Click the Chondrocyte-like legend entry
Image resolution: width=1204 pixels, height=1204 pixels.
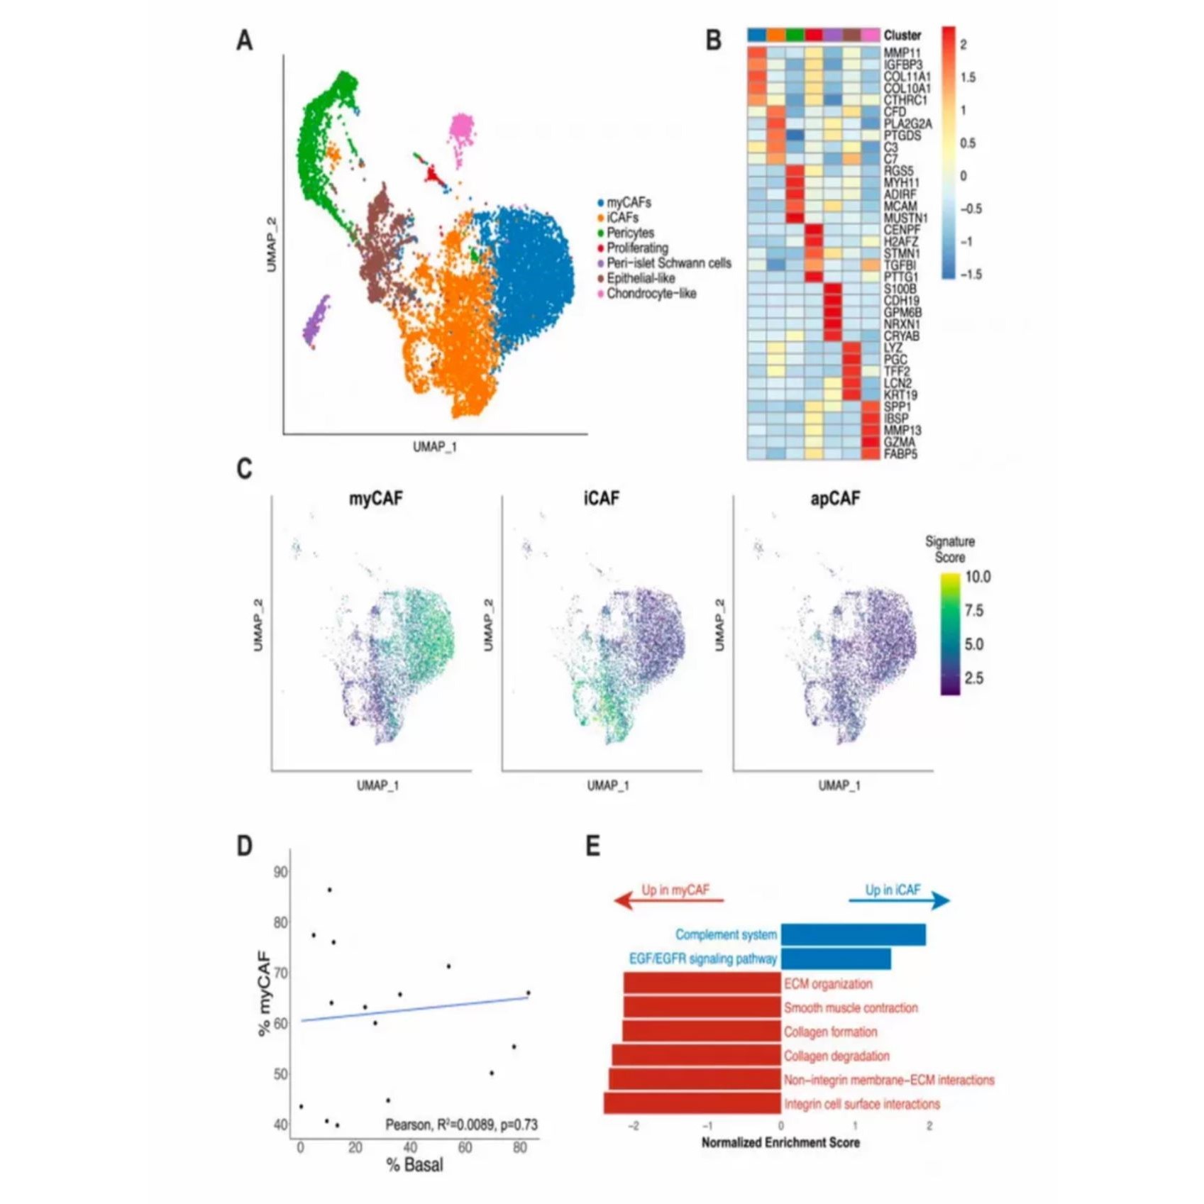[651, 294]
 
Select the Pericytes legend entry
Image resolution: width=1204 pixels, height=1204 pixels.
[630, 233]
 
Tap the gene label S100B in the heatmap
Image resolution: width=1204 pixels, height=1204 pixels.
[900, 289]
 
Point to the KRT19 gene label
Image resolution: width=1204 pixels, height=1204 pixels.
[901, 395]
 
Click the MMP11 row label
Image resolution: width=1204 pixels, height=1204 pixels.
[902, 53]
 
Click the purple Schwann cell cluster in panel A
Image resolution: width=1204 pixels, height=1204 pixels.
[316, 321]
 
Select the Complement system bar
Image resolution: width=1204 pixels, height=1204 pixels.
[853, 934]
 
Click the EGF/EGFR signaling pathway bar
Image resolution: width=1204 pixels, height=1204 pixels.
[836, 959]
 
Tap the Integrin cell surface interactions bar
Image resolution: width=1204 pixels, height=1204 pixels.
[692, 1103]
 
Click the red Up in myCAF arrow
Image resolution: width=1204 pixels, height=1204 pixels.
[668, 901]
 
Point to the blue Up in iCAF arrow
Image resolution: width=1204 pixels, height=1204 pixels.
[899, 901]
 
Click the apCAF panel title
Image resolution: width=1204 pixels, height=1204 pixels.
[835, 499]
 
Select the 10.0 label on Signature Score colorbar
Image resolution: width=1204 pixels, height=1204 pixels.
[978, 577]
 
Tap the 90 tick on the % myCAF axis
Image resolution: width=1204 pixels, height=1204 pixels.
[280, 871]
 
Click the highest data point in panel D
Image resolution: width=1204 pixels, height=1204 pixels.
[329, 890]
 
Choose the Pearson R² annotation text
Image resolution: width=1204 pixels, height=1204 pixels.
[461, 1125]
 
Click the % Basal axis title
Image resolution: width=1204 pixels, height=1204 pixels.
[414, 1164]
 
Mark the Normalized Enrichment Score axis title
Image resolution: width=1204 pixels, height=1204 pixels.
[780, 1142]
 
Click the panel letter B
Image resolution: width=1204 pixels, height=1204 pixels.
[713, 40]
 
